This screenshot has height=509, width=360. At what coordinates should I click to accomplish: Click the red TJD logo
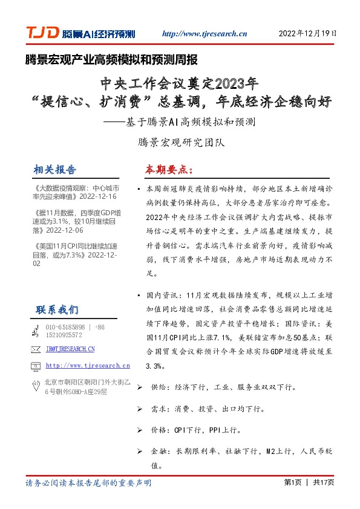pyautogui.click(x=42, y=33)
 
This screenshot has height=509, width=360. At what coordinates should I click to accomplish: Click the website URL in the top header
pyautogui.click(x=205, y=34)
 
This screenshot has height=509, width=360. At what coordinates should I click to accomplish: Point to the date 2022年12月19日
pyautogui.click(x=307, y=34)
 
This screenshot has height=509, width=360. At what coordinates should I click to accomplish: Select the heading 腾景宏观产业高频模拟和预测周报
pyautogui.click(x=111, y=60)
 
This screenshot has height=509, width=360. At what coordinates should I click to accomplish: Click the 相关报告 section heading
pyautogui.click(x=56, y=169)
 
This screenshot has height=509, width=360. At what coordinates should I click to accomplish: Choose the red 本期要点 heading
pyautogui.click(x=168, y=169)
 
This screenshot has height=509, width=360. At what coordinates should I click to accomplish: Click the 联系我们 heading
pyautogui.click(x=57, y=310)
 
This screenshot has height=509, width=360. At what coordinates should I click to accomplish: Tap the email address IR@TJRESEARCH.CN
pyautogui.click(x=70, y=349)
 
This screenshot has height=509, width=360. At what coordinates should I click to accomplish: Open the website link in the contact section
pyautogui.click(x=88, y=366)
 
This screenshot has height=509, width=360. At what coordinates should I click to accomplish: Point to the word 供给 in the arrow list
pyautogui.click(x=159, y=386)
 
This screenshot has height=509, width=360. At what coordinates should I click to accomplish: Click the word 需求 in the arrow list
pyautogui.click(x=159, y=409)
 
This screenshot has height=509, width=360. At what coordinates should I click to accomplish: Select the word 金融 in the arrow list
pyautogui.click(x=159, y=451)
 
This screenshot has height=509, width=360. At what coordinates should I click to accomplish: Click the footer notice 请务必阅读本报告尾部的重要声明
pyautogui.click(x=88, y=483)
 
